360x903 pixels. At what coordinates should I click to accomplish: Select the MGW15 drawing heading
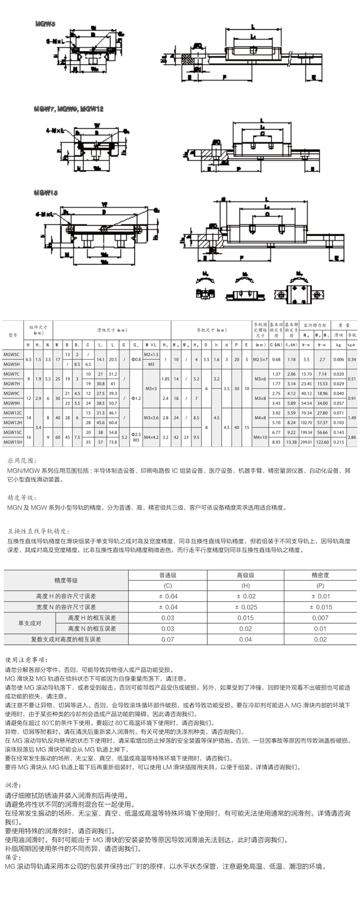pos(46,193)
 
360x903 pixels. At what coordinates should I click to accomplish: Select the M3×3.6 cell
pos(151,418)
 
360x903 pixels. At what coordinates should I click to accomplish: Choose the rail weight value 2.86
pos(351,437)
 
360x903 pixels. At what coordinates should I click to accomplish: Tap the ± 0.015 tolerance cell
pos(321,607)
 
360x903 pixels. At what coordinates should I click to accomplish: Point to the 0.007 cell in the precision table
pos(321,618)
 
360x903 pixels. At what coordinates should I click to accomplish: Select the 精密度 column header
pos(321,575)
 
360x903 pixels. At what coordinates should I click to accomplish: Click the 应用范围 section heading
pos(21,460)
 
